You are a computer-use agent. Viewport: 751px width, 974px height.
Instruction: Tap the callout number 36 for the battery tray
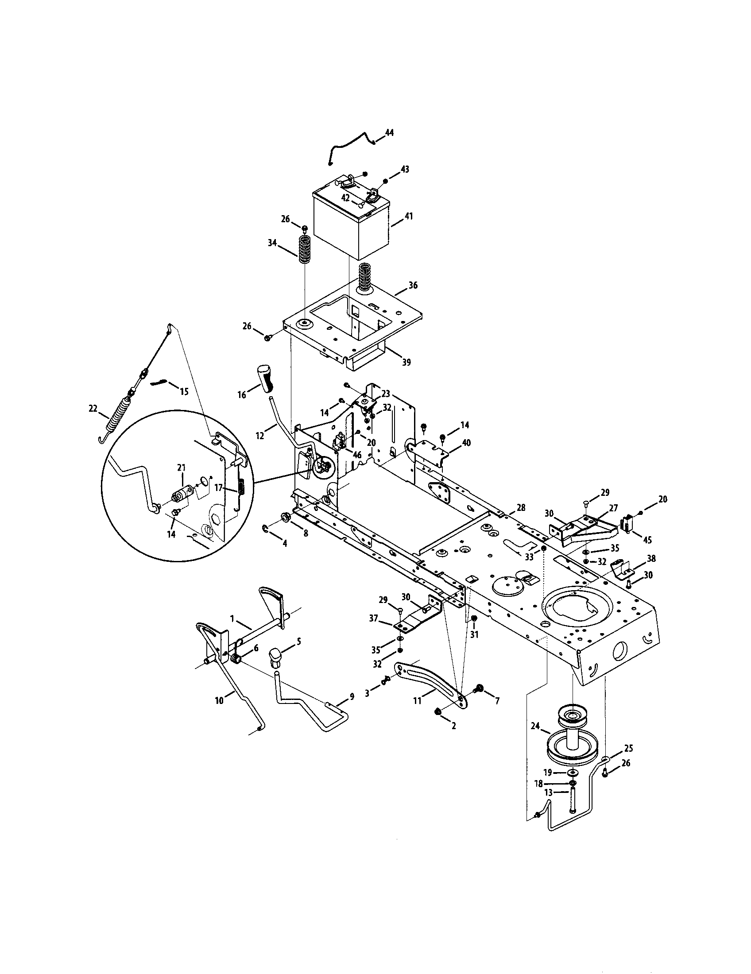click(x=413, y=285)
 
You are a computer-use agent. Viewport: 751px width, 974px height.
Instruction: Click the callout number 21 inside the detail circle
click(x=181, y=468)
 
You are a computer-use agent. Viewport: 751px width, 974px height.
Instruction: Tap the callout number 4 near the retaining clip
click(x=284, y=543)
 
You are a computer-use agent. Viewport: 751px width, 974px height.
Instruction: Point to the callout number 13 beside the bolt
click(x=548, y=792)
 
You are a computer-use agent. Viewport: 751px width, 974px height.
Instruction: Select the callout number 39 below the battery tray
click(x=406, y=362)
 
